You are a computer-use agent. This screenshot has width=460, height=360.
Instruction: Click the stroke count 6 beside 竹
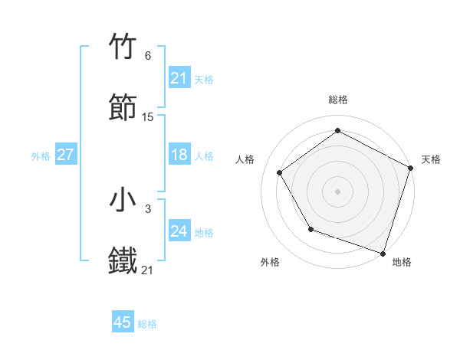[x=148, y=56]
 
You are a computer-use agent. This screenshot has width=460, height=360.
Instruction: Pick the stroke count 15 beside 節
[x=148, y=117]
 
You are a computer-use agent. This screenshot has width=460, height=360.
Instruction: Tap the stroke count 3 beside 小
[x=148, y=208]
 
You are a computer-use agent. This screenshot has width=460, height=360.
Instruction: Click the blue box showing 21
[x=179, y=78]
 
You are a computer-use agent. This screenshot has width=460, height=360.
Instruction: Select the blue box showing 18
[x=179, y=155]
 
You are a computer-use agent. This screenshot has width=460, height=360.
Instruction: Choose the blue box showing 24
[x=179, y=231]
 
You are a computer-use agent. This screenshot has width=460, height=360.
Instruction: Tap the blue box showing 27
[x=66, y=155]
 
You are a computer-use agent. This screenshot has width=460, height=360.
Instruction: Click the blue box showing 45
[x=123, y=322]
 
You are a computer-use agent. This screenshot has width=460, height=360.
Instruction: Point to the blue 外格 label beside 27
[x=41, y=155]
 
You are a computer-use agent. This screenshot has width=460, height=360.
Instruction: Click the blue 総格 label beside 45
[x=147, y=324]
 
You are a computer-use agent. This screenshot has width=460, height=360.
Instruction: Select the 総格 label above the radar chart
[x=338, y=100]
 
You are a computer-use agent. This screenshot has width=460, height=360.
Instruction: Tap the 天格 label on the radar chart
[x=431, y=159]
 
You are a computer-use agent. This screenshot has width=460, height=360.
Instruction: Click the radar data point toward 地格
[x=383, y=252]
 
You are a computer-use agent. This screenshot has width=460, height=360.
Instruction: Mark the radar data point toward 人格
[x=280, y=172]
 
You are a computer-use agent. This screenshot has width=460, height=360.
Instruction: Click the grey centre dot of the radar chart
[x=338, y=191]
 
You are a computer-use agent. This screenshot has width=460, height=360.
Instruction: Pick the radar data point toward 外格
[x=310, y=229]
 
